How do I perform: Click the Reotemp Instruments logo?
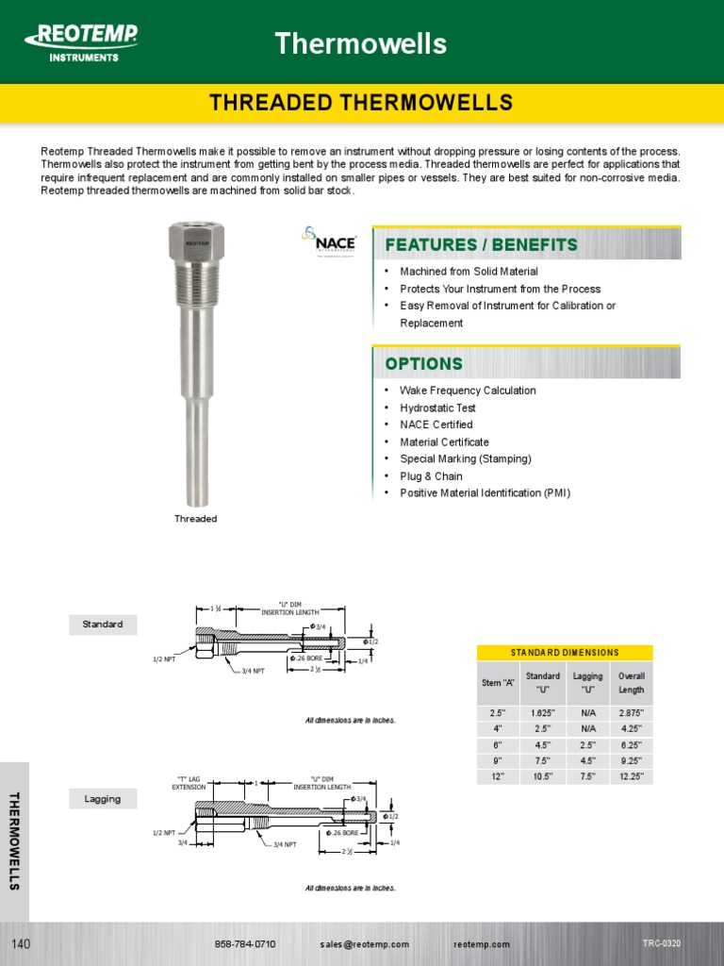[83, 42]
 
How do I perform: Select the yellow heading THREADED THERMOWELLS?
[361, 103]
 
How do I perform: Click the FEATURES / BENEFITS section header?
[481, 245]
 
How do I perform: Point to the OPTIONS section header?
[423, 364]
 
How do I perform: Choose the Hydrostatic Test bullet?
[437, 408]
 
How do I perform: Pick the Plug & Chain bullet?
[431, 476]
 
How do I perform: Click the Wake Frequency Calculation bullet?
[468, 391]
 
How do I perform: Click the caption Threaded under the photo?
[196, 519]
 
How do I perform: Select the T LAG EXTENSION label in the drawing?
[189, 782]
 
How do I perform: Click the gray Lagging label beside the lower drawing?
[103, 799]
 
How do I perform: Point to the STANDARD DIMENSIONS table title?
[565, 653]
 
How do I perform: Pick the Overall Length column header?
[631, 683]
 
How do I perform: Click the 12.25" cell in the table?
[631, 776]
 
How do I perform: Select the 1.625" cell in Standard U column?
[542, 712]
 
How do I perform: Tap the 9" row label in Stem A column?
[497, 760]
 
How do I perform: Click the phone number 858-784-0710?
[245, 944]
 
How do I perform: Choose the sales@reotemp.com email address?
[364, 944]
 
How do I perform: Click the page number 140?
[22, 944]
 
